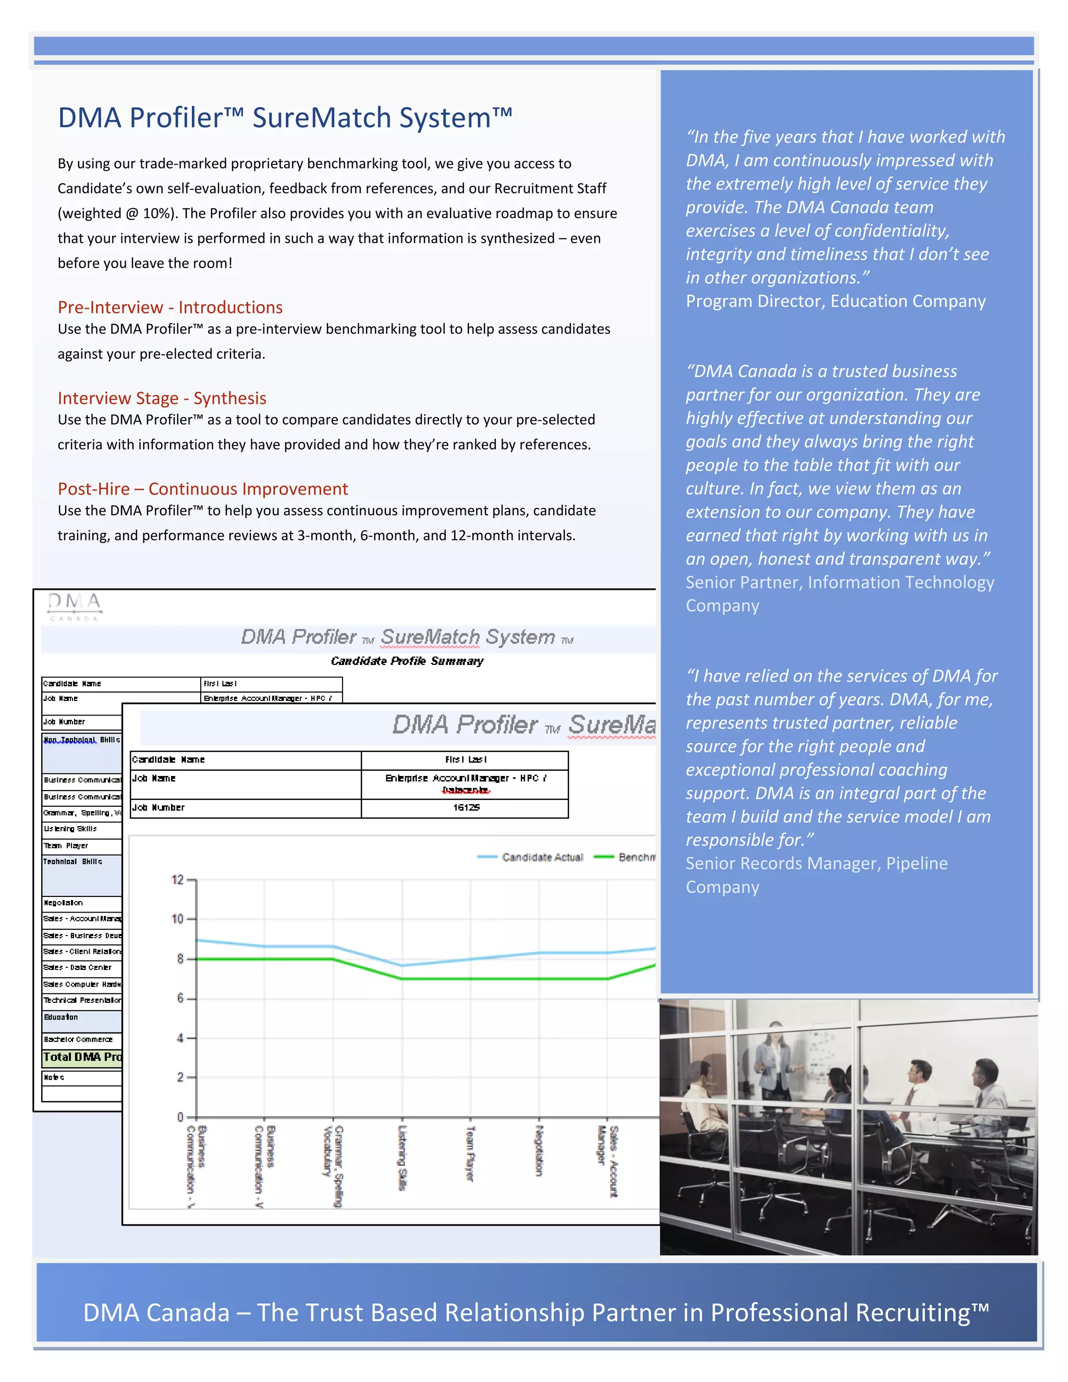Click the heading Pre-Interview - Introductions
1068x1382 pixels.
[x=170, y=308]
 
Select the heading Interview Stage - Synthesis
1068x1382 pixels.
[x=162, y=398]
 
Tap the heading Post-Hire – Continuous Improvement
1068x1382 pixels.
[x=202, y=489]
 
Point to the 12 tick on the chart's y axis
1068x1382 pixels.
[x=178, y=880]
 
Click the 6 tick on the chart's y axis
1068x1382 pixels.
[x=180, y=999]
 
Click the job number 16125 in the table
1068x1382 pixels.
[x=466, y=807]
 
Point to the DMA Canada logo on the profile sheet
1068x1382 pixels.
[x=75, y=606]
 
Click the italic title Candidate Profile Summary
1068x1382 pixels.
[x=407, y=661]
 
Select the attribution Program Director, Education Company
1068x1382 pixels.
[x=835, y=301]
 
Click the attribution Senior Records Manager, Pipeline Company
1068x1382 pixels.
[x=816, y=875]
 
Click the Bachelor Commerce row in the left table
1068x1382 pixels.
[x=78, y=1040]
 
